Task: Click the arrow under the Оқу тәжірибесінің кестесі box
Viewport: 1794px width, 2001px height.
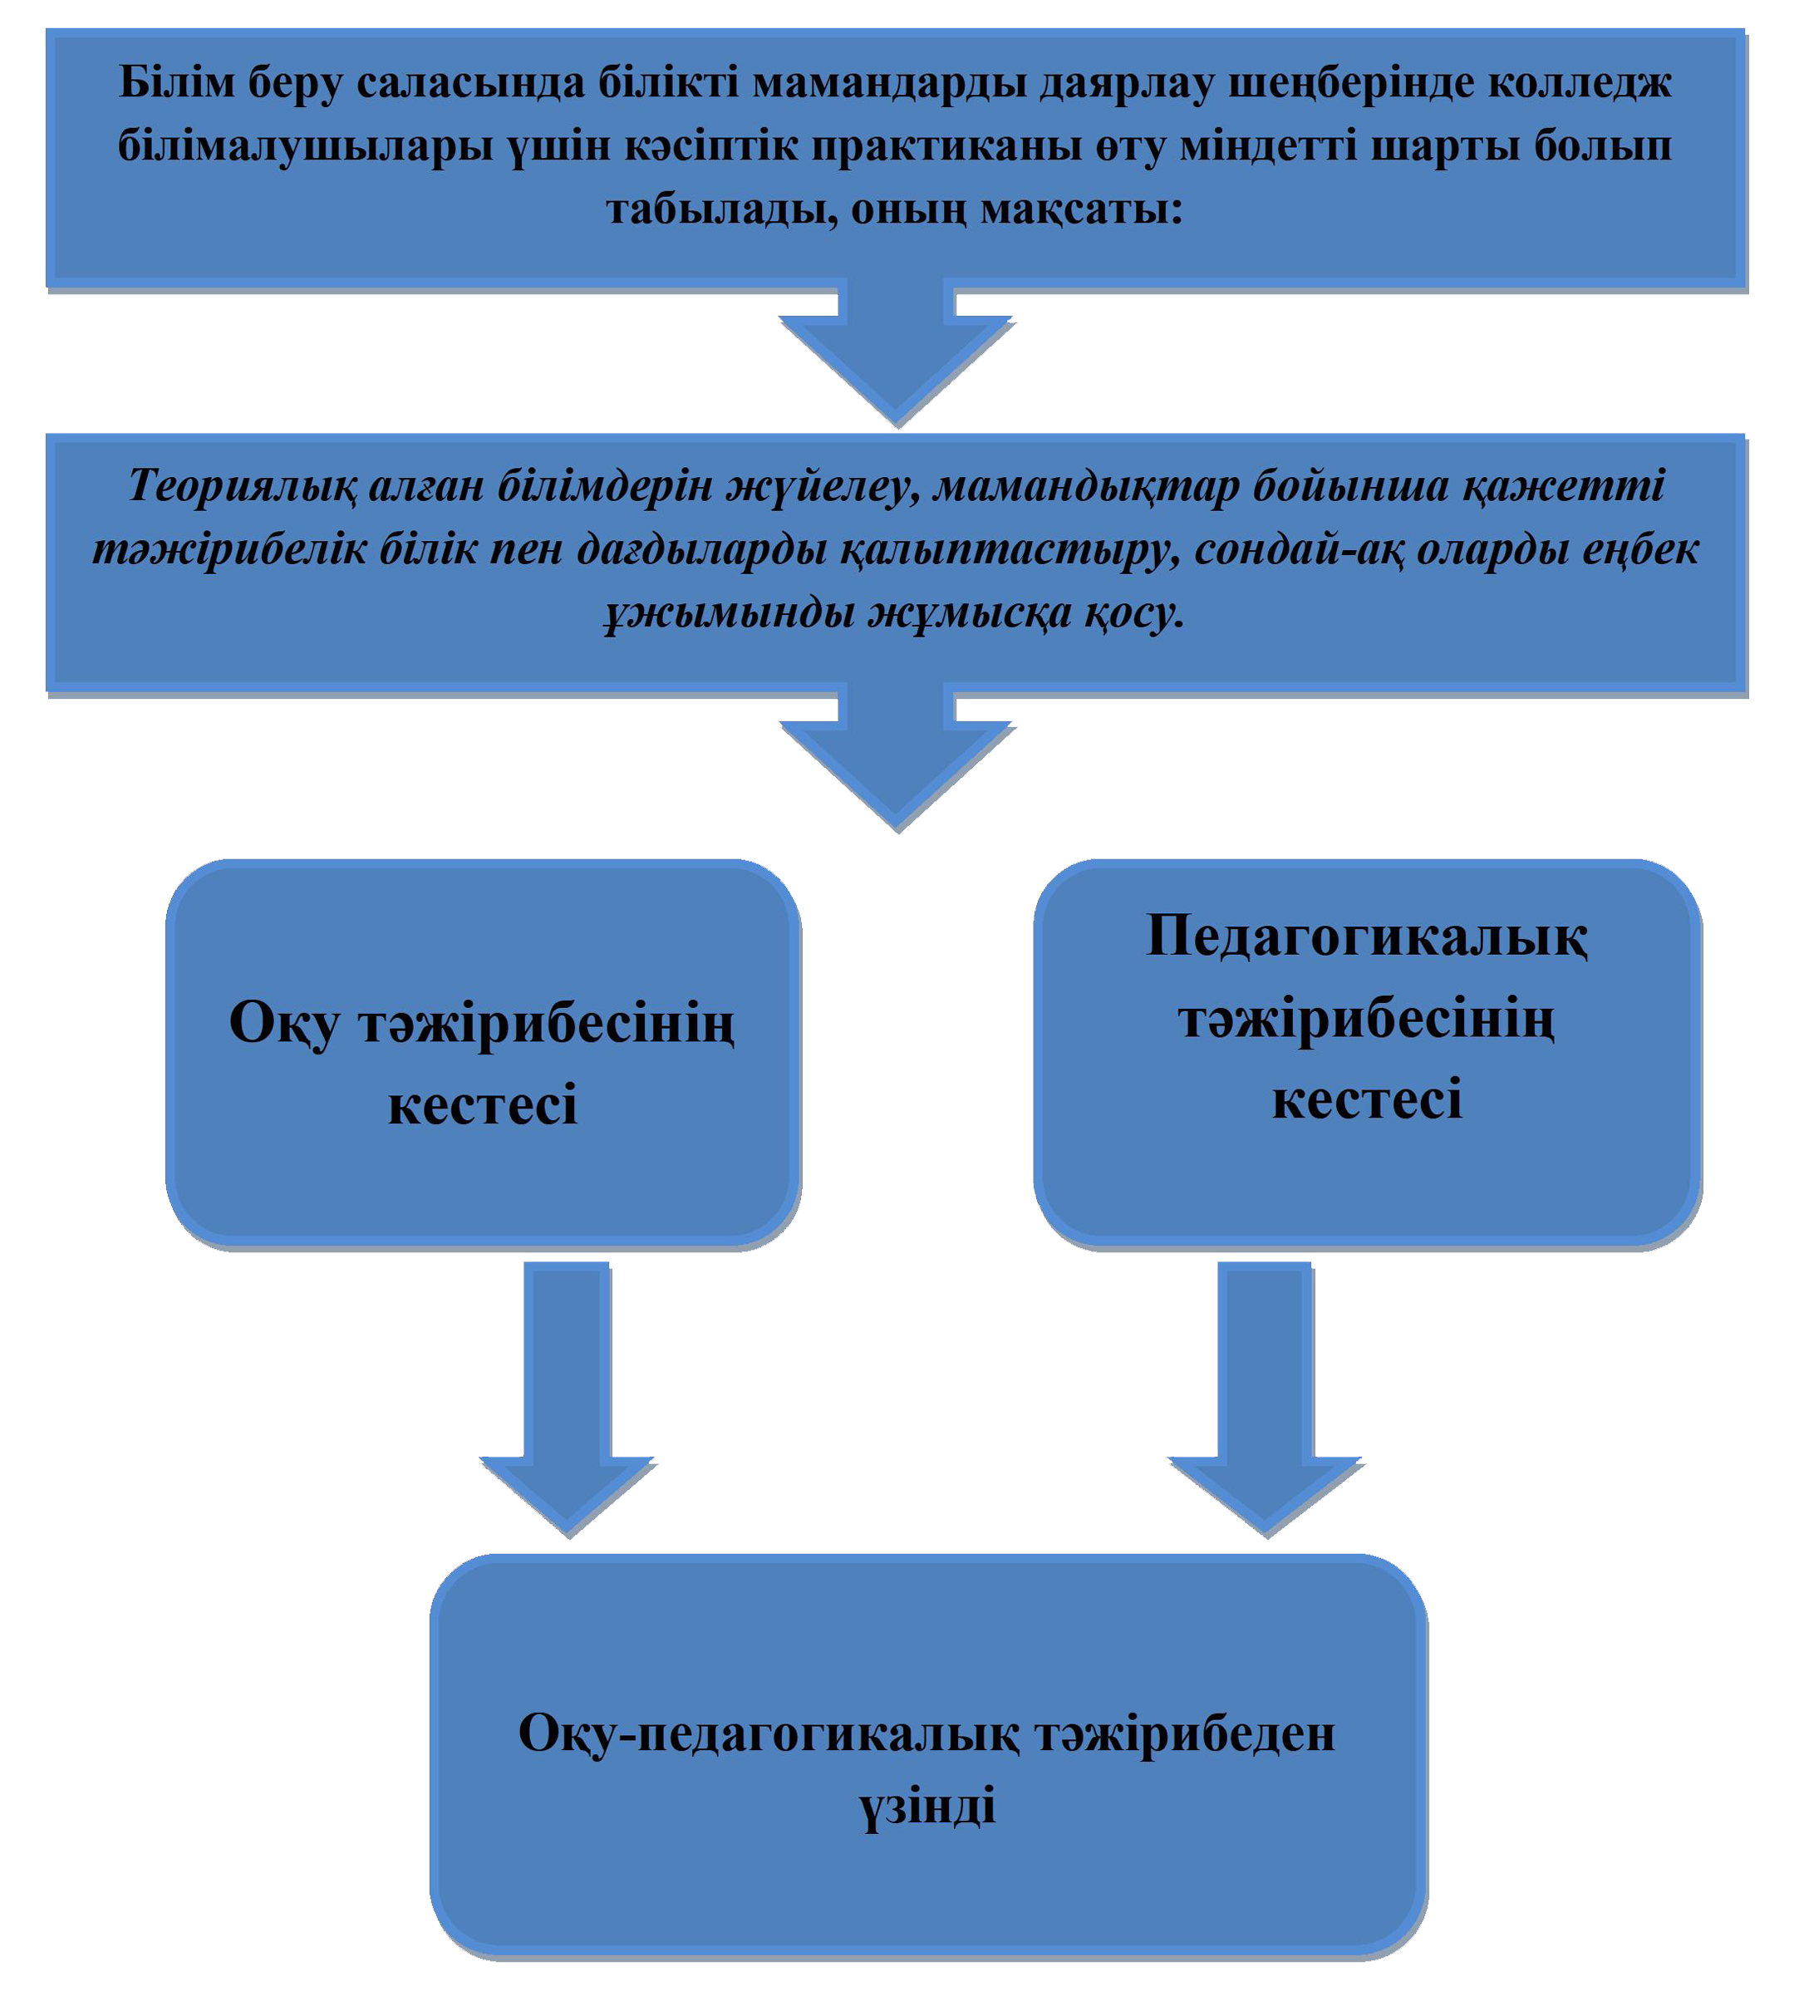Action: pyautogui.click(x=567, y=1399)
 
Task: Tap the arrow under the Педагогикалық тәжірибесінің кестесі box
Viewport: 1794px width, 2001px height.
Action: pyautogui.click(x=1265, y=1399)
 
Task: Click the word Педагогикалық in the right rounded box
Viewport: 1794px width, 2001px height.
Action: pyautogui.click(x=1367, y=937)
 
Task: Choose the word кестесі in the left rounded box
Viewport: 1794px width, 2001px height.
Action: pyautogui.click(x=482, y=1106)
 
